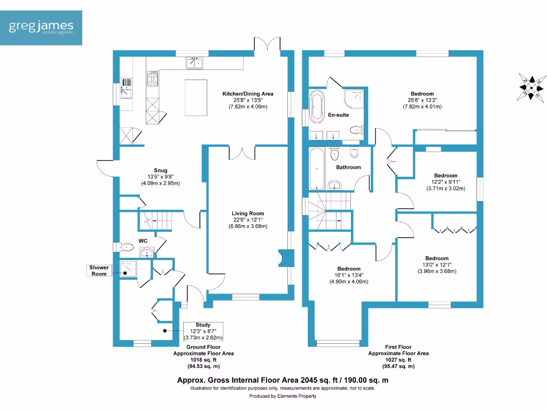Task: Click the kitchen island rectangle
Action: [x=196, y=97]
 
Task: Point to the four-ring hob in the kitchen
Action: [x=153, y=79]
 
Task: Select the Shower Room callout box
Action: [x=99, y=271]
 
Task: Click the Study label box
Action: [x=203, y=331]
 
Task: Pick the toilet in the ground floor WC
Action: [x=126, y=247]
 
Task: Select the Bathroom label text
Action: [x=348, y=167]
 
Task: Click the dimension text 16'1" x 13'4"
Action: [x=349, y=275]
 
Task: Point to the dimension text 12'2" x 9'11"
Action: [x=446, y=182]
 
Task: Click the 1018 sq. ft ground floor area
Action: [x=203, y=360]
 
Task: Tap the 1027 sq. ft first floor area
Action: [x=398, y=360]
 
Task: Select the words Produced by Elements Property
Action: [x=283, y=396]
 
